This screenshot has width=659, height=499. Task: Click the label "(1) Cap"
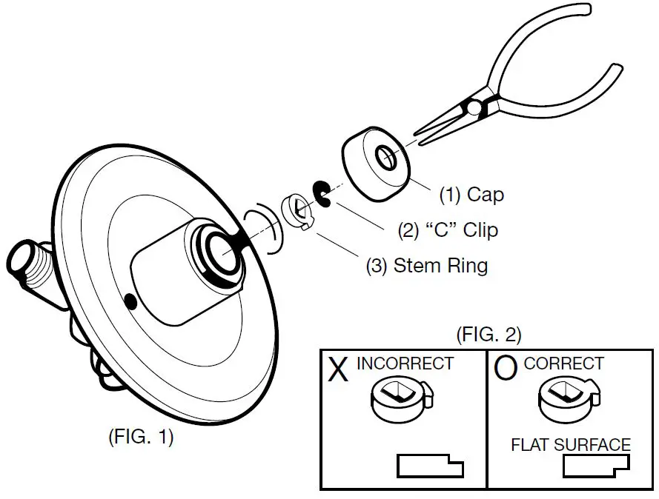pos(471,195)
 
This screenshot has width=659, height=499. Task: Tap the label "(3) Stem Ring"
pos(427,265)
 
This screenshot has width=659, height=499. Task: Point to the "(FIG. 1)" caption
pos(140,437)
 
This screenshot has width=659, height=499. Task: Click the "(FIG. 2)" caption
pos(488,334)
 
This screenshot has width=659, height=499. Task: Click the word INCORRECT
pos(404,364)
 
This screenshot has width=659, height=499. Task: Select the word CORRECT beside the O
pos(563,364)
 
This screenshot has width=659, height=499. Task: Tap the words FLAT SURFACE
pos(571,445)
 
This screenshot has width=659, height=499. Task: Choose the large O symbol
pos(505,369)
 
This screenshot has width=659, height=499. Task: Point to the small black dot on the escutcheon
pos(130,301)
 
